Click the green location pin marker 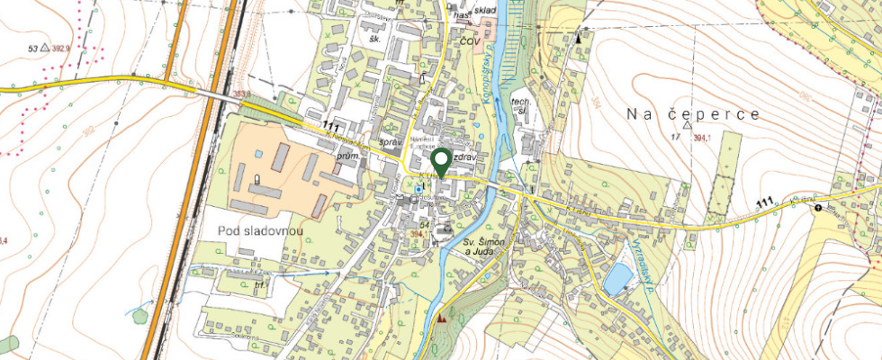(441, 162)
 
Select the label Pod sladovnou (260, 231)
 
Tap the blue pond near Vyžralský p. (617, 280)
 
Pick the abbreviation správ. (391, 142)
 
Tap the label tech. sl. (519, 106)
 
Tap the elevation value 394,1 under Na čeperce (715, 137)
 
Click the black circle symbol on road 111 (817, 208)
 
